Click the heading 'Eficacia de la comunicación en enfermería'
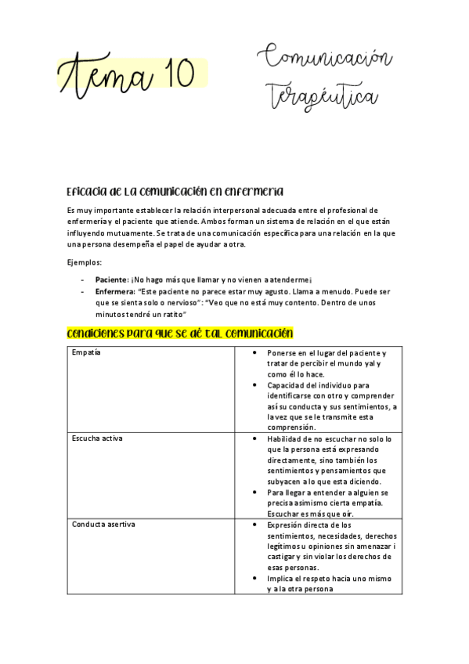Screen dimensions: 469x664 pos(175,192)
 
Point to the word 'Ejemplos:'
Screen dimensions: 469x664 pos(84,262)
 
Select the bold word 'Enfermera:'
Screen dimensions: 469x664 pos(115,290)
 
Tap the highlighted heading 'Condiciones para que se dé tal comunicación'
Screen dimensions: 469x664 pos(180,334)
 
